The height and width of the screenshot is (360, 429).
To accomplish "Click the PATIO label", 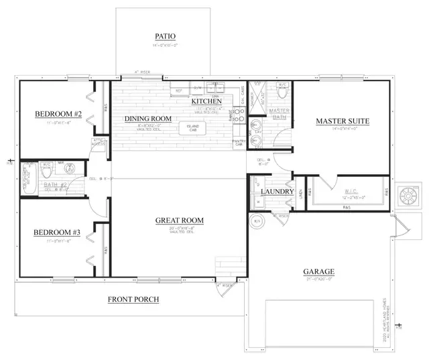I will coord(165,37).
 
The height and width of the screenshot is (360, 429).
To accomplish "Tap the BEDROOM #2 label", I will coord(58,115).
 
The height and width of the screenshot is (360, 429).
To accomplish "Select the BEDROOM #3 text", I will coord(58,233).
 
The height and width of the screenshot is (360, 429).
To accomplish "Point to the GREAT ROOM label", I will coord(179,221).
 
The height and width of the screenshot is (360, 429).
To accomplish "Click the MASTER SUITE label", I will coord(343,121).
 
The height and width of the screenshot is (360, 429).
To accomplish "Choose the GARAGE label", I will coord(318,272).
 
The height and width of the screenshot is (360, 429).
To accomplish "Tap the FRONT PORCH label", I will coord(133,299).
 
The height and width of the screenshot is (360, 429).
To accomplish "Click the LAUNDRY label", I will coord(277,192).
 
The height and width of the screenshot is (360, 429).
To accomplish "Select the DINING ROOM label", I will coord(148,119).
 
